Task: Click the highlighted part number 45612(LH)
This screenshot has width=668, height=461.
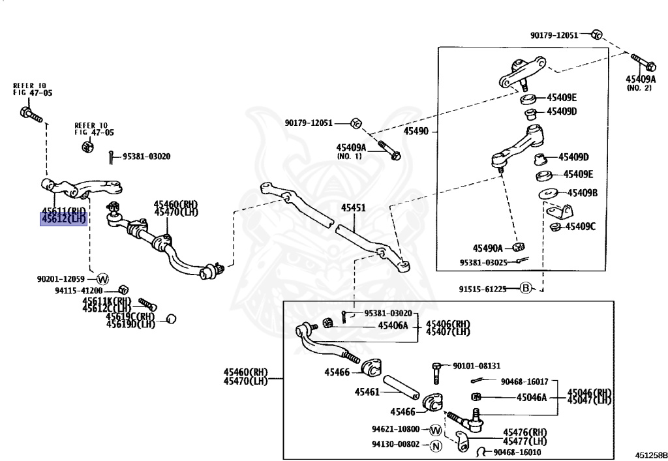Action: (x=64, y=219)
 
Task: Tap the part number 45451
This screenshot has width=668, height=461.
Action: (x=353, y=209)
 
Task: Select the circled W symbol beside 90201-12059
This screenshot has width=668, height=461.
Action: (x=102, y=279)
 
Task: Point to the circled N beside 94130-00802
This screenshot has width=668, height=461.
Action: (x=436, y=446)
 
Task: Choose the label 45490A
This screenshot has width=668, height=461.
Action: (x=487, y=248)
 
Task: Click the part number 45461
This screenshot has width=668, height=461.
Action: (x=367, y=392)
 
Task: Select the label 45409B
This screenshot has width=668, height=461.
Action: (x=582, y=193)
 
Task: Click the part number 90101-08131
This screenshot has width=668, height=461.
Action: (x=477, y=366)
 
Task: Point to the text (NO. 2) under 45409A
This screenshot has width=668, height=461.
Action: (x=639, y=88)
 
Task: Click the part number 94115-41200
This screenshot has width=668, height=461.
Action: (x=78, y=290)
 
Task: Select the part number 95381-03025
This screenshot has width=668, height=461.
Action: (x=482, y=262)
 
